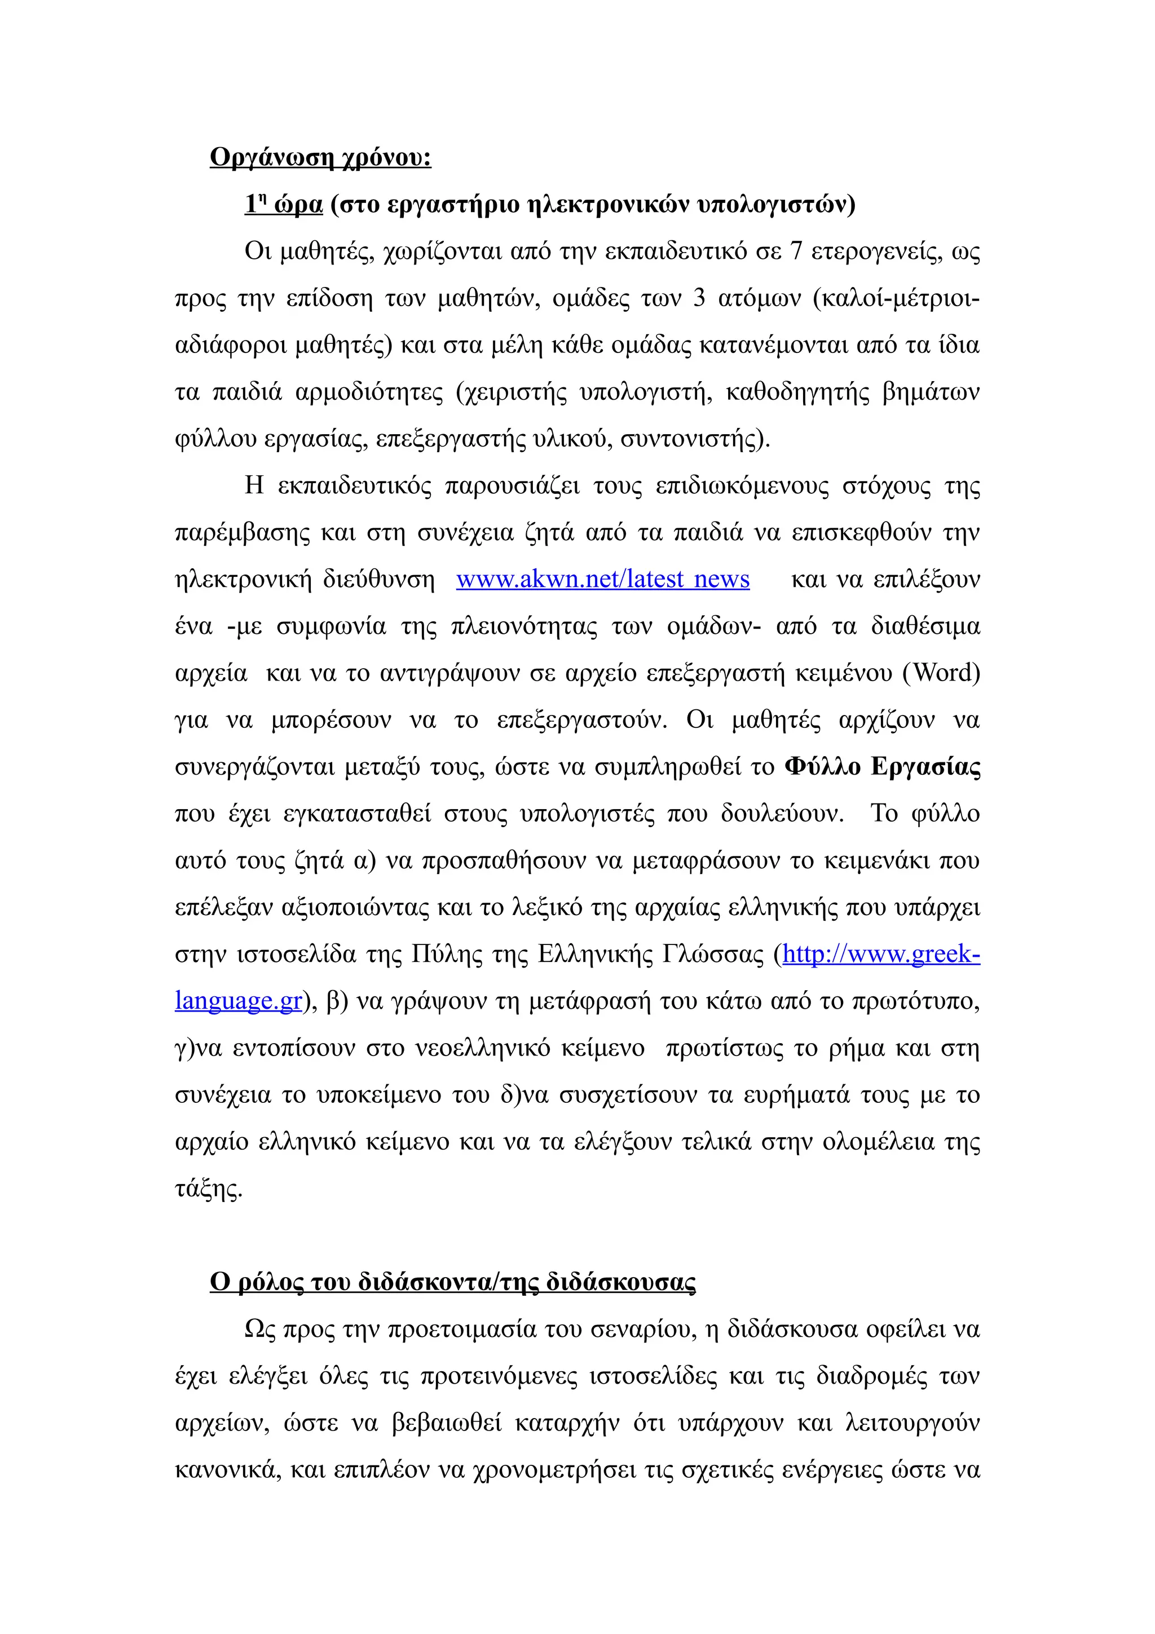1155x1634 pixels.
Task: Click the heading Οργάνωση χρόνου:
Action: pos(320,157)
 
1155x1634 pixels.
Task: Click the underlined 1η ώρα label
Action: pos(283,204)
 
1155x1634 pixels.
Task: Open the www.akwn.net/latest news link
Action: pos(602,579)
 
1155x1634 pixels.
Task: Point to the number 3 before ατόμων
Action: pos(699,298)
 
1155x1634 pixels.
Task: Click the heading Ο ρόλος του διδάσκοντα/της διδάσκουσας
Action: pos(453,1282)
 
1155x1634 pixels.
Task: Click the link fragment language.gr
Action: pos(239,1001)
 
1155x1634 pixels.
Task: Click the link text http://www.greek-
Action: pos(881,953)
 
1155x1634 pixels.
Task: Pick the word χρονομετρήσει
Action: pos(554,1469)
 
